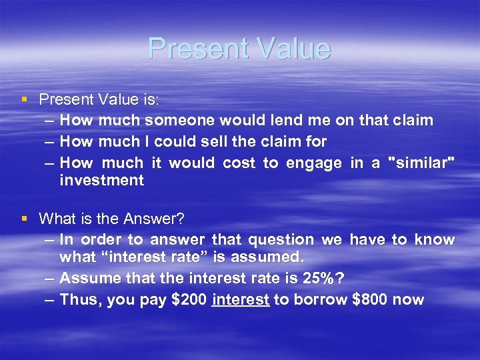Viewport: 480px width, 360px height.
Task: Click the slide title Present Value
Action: [239, 49]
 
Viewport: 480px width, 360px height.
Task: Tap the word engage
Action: [313, 163]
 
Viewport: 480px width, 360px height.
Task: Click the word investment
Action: [101, 180]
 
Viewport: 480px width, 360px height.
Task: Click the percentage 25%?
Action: [327, 279]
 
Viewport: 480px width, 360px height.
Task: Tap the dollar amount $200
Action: [189, 299]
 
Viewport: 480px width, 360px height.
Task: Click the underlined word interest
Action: [240, 299]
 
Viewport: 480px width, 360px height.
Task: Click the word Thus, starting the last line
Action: [79, 299]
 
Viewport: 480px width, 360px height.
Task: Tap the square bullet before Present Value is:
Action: [24, 99]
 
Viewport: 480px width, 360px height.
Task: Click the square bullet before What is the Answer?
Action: [24, 219]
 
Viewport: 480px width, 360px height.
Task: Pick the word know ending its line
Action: [435, 239]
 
